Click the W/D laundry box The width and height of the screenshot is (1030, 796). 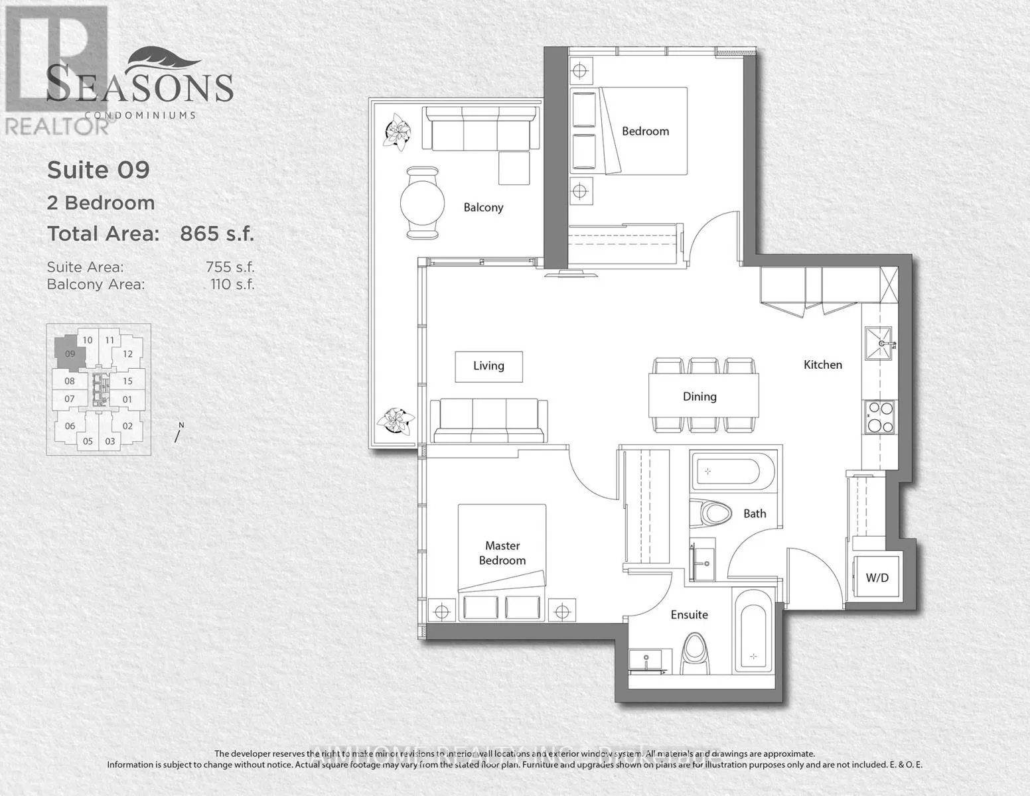pyautogui.click(x=877, y=578)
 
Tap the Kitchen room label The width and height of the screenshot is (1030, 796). pyautogui.click(x=822, y=365)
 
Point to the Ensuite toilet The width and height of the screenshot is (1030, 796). pyautogui.click(x=696, y=653)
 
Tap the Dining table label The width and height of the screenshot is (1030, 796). pyautogui.click(x=699, y=397)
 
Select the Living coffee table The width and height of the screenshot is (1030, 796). pyautogui.click(x=488, y=366)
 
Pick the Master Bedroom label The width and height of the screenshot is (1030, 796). pyautogui.click(x=502, y=553)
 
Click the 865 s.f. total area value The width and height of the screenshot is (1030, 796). pyautogui.click(x=217, y=233)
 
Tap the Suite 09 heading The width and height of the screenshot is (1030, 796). pyautogui.click(x=98, y=170)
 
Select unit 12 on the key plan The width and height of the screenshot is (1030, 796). pyautogui.click(x=128, y=354)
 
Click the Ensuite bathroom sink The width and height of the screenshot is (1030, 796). pyautogui.click(x=647, y=661)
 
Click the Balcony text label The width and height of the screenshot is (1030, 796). pyautogui.click(x=483, y=208)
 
